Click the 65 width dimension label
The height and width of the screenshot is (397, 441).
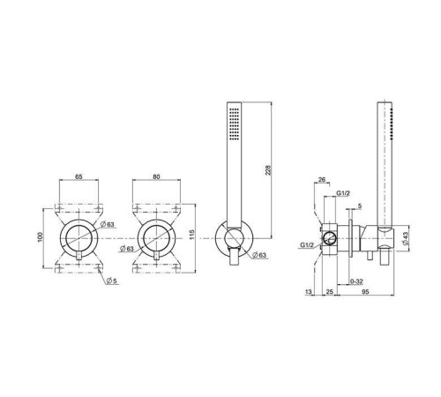[x=78, y=176]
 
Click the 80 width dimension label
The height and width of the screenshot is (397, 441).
[x=156, y=176]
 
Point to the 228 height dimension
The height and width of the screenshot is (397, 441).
[x=268, y=170]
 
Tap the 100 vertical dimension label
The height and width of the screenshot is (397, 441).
[x=41, y=237]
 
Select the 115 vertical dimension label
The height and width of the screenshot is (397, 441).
[x=192, y=235]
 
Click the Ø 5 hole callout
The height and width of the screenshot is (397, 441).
[x=112, y=281]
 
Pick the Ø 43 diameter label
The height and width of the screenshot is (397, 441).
[x=405, y=238]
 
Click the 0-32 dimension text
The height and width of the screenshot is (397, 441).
[x=356, y=281]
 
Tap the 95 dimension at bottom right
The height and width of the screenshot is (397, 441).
[x=365, y=292]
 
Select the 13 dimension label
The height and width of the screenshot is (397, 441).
[x=308, y=292]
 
